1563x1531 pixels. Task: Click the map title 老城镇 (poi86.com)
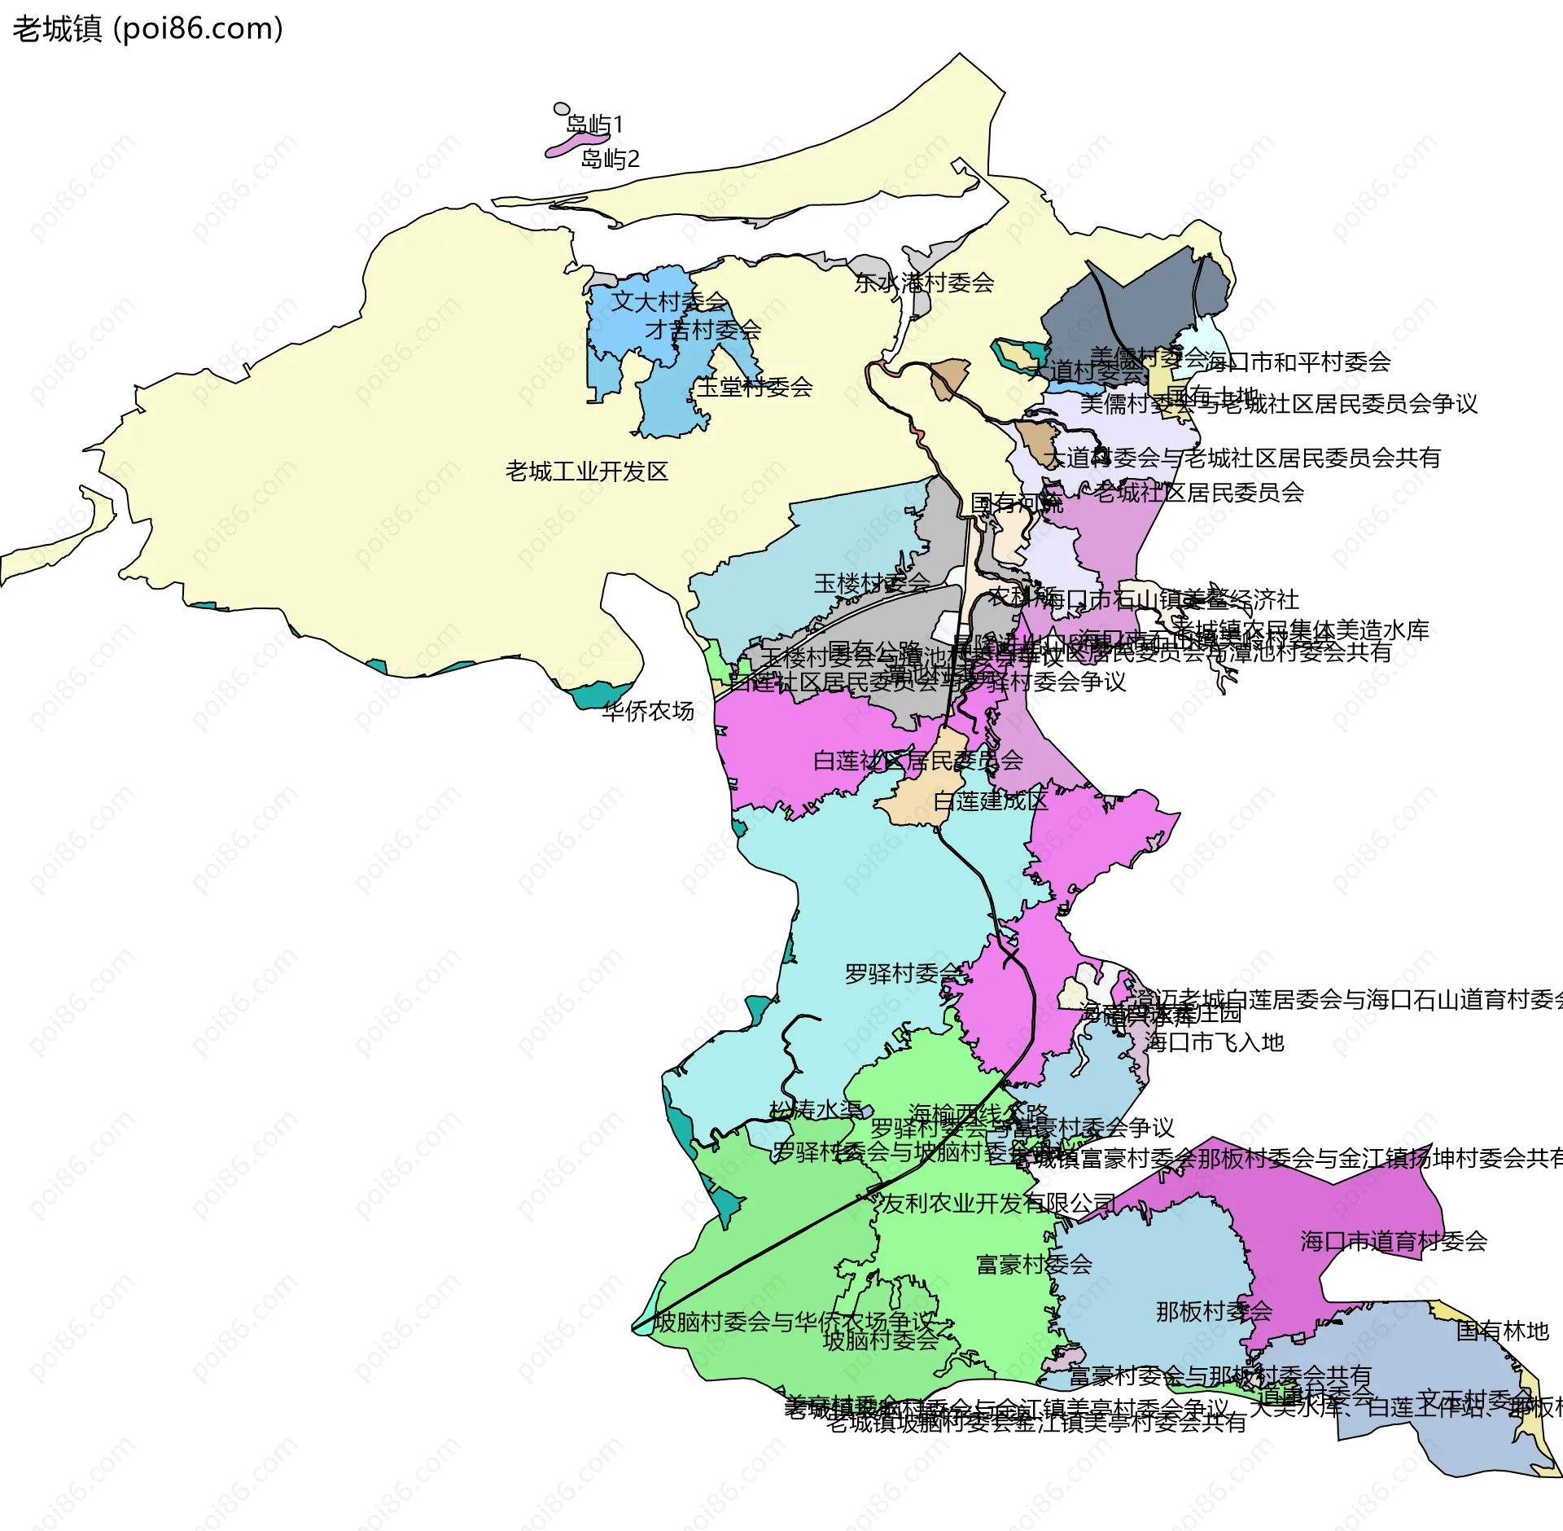point(147,29)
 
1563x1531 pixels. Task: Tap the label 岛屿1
point(594,125)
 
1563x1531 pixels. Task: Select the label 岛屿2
point(610,159)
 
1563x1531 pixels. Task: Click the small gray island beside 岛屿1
point(562,109)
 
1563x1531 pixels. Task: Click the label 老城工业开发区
point(586,472)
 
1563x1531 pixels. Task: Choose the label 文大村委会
point(669,301)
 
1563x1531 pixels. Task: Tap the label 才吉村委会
point(703,330)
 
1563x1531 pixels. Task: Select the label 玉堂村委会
point(755,387)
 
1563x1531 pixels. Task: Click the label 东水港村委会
point(924,283)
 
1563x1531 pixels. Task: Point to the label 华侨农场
point(648,711)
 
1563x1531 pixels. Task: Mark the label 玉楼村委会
point(871,583)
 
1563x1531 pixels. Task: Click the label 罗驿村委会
point(903,973)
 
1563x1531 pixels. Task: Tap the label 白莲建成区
point(990,801)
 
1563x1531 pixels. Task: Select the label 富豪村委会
point(1034,1264)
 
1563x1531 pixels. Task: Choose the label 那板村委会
point(1214,1311)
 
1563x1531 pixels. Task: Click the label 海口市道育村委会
point(1394,1241)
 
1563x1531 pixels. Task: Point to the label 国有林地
point(1502,1331)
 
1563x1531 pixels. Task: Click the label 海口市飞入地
point(1214,1042)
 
